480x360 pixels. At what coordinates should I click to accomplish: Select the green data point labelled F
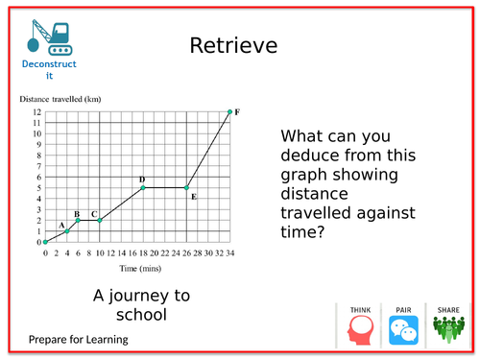[229, 112]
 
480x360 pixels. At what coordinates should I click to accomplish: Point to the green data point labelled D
[143, 187]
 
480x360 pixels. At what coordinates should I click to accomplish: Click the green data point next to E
[186, 187]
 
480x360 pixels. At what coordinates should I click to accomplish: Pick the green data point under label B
[78, 220]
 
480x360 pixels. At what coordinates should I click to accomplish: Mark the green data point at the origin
[45, 242]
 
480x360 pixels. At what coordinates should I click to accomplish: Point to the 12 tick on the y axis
[36, 112]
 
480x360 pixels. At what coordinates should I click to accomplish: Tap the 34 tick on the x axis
[229, 252]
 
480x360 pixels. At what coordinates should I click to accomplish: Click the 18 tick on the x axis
[143, 252]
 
